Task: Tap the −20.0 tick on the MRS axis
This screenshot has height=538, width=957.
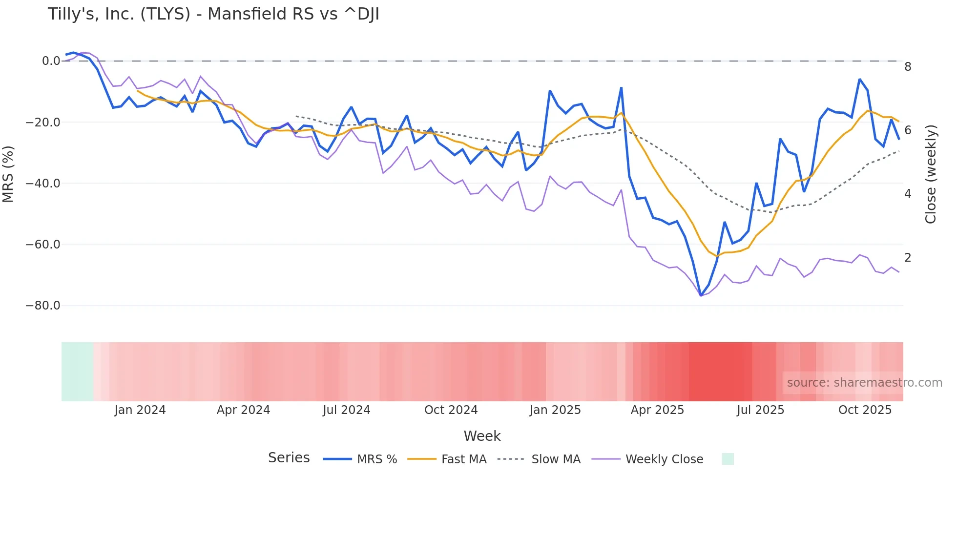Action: [x=43, y=123]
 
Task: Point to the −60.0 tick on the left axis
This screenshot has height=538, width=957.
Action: [x=43, y=245]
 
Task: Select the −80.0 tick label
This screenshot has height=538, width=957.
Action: [x=43, y=306]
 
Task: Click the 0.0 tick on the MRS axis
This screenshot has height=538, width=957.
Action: [x=51, y=61]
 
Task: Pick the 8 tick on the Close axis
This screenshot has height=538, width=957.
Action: [x=908, y=67]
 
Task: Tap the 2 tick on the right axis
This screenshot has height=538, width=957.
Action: [x=908, y=258]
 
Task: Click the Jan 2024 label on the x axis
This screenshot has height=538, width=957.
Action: [x=140, y=410]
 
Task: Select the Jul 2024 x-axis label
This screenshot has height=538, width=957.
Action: [x=346, y=410]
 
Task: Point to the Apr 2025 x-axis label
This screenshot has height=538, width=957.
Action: [x=657, y=410]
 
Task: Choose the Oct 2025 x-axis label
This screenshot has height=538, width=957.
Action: [x=865, y=410]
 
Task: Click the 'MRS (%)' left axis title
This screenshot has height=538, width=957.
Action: [x=8, y=174]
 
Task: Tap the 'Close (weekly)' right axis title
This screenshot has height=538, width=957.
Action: [x=931, y=174]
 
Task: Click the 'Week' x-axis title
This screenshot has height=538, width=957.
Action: [x=482, y=436]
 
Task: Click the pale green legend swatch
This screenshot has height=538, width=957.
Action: [x=728, y=459]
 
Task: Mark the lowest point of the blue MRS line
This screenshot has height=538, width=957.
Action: [x=701, y=295]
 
